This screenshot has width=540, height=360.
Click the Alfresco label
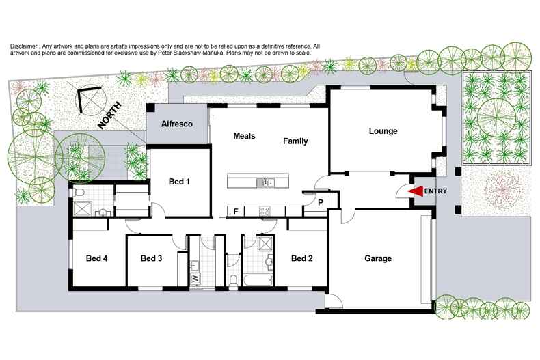point(178,124)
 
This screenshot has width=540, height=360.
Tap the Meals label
point(244,136)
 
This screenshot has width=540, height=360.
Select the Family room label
point(296,141)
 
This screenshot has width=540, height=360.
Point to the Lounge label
point(383,131)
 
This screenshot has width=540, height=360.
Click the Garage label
point(377,259)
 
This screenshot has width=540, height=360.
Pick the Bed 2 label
point(301,258)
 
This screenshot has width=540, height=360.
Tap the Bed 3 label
point(151,258)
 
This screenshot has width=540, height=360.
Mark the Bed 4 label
point(96,258)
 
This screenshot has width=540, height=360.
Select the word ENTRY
point(436,191)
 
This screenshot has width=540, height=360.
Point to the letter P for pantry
point(320,202)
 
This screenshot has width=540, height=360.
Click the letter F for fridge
point(236,211)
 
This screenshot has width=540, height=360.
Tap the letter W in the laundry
point(194,279)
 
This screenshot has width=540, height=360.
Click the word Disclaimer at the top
point(26,46)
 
